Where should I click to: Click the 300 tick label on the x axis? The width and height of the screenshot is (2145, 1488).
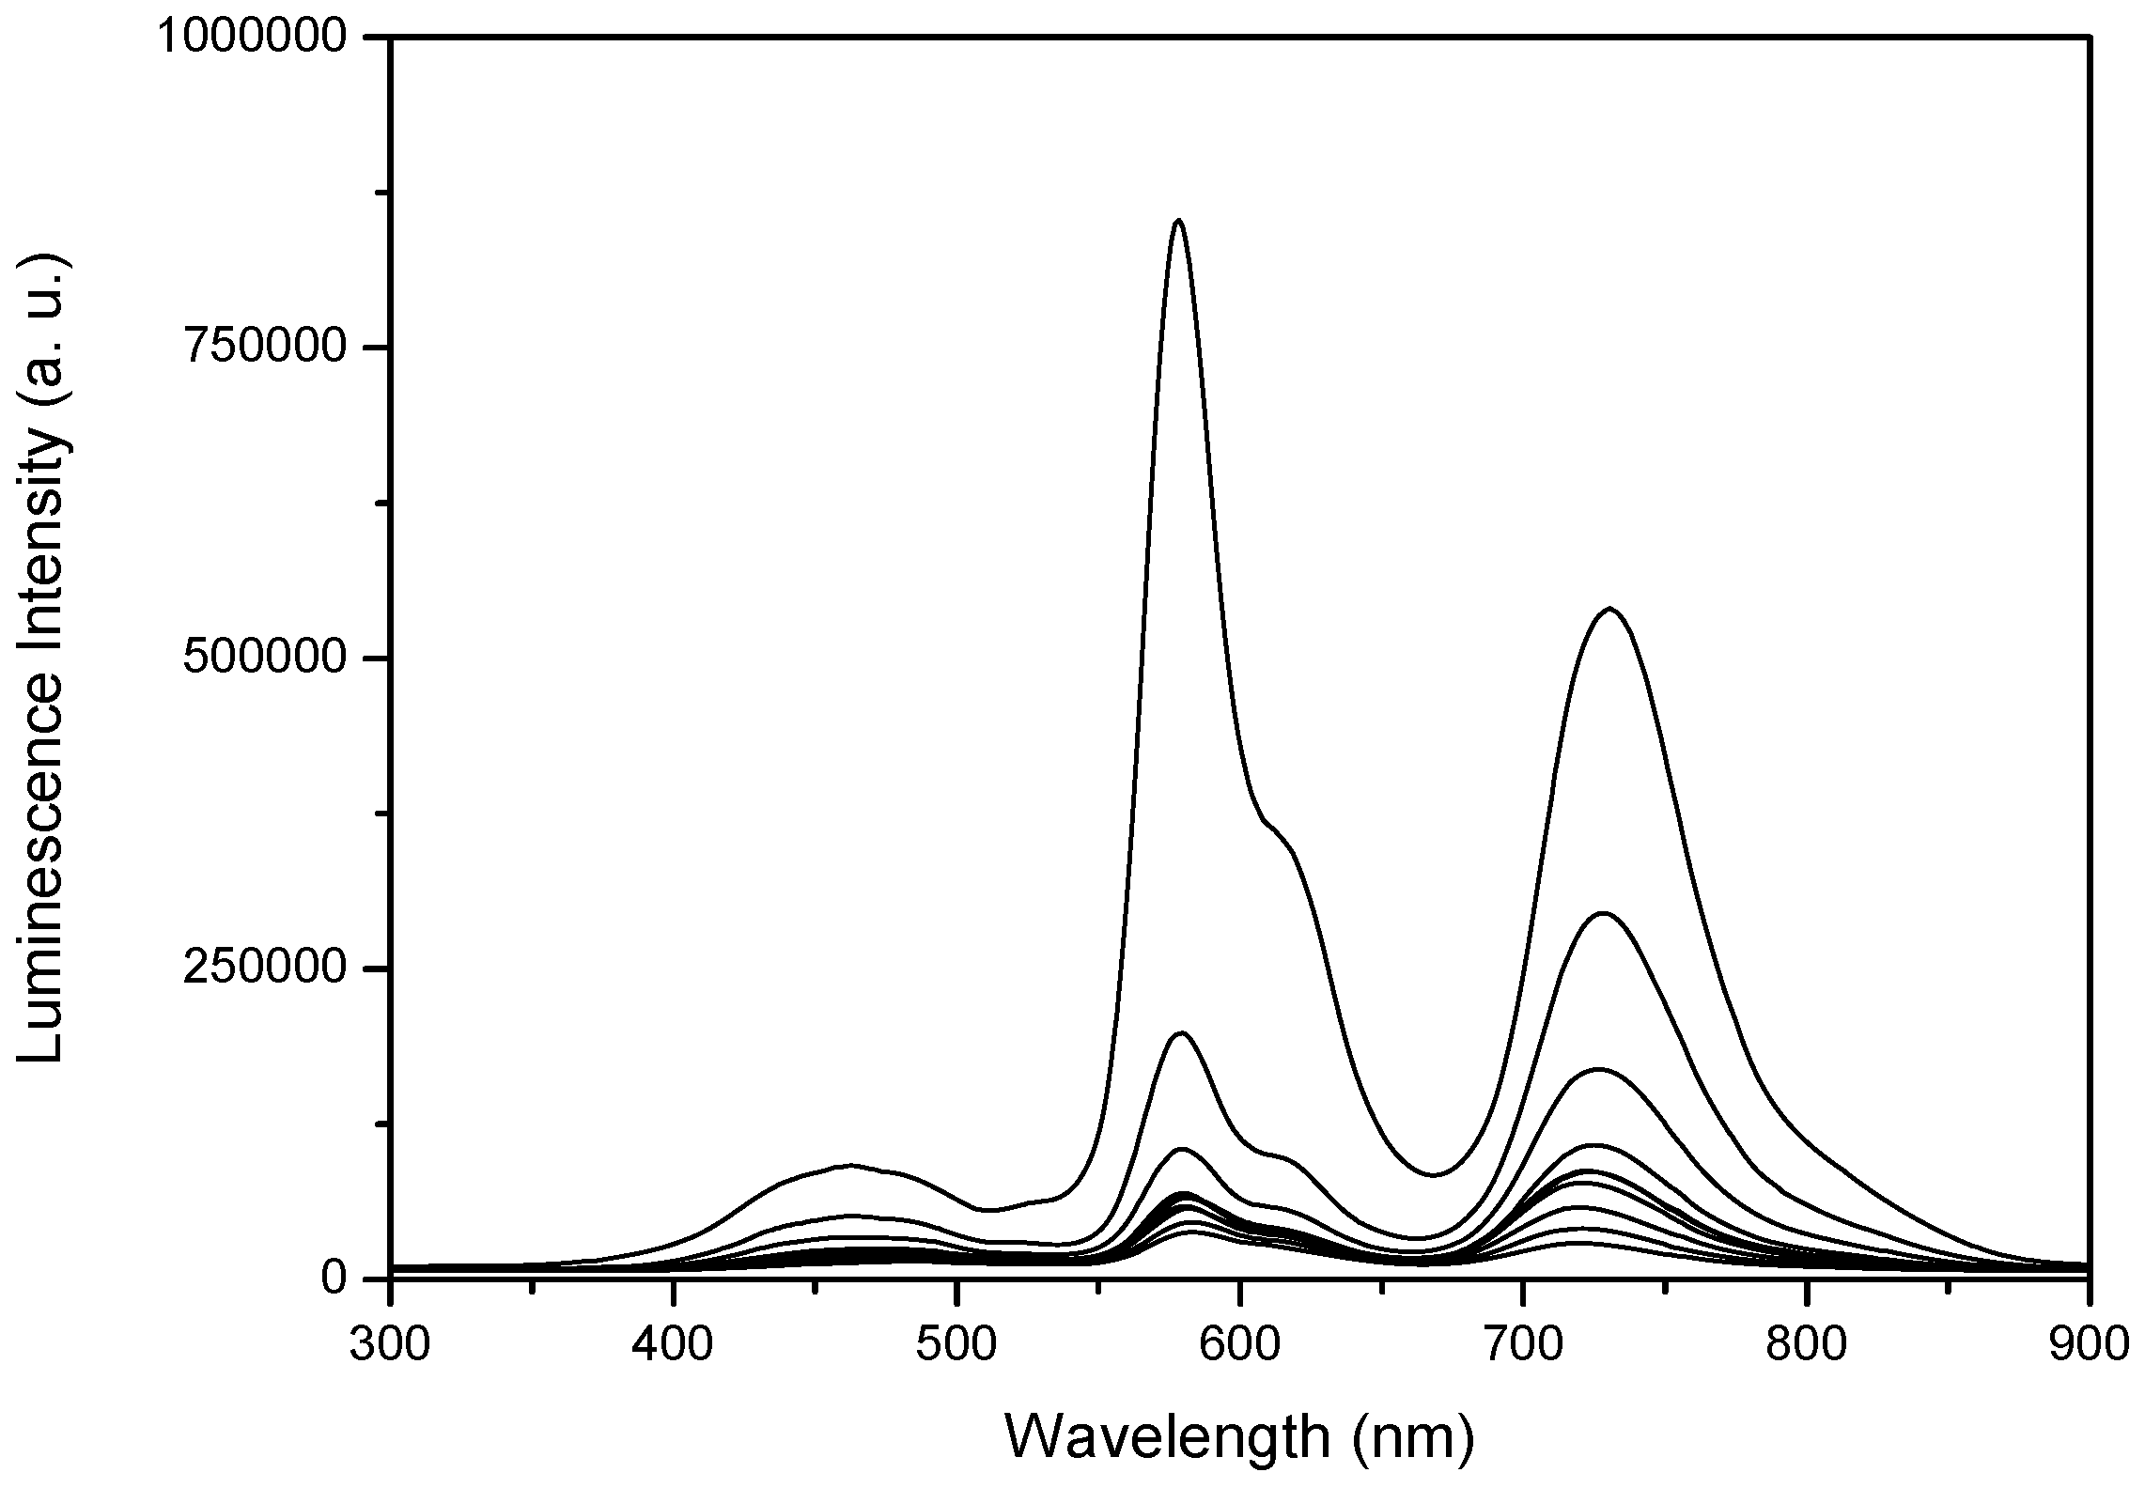389,1344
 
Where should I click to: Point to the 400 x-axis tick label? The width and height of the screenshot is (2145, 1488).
673,1344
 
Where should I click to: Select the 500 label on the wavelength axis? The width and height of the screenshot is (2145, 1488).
956,1344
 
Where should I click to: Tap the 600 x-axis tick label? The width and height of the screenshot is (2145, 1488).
1240,1344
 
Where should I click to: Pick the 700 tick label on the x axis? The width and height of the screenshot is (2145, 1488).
1523,1344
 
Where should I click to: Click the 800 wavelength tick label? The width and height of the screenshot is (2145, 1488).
1807,1344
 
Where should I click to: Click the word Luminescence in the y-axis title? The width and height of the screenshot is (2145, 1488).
42,892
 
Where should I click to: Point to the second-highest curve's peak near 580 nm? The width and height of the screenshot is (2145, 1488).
1181,1033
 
